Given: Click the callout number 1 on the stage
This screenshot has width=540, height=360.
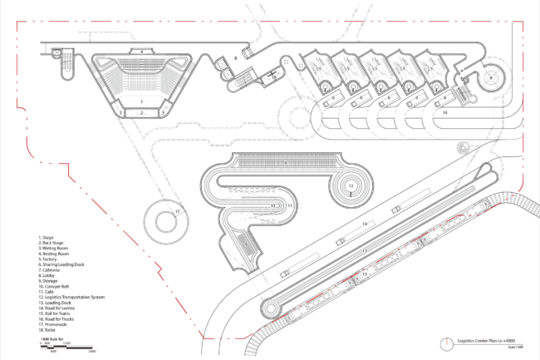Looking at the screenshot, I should point(141,101).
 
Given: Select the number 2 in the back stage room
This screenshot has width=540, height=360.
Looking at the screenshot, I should point(142,111).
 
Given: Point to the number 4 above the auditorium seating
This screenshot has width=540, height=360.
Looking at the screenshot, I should point(142,52).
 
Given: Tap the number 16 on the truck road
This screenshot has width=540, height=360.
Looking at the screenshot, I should point(444,111).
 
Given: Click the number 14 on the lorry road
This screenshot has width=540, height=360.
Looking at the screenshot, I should point(363,224).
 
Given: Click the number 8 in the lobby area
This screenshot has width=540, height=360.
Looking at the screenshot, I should point(236,59).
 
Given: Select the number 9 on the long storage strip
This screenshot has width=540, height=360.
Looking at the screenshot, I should point(284,164).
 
